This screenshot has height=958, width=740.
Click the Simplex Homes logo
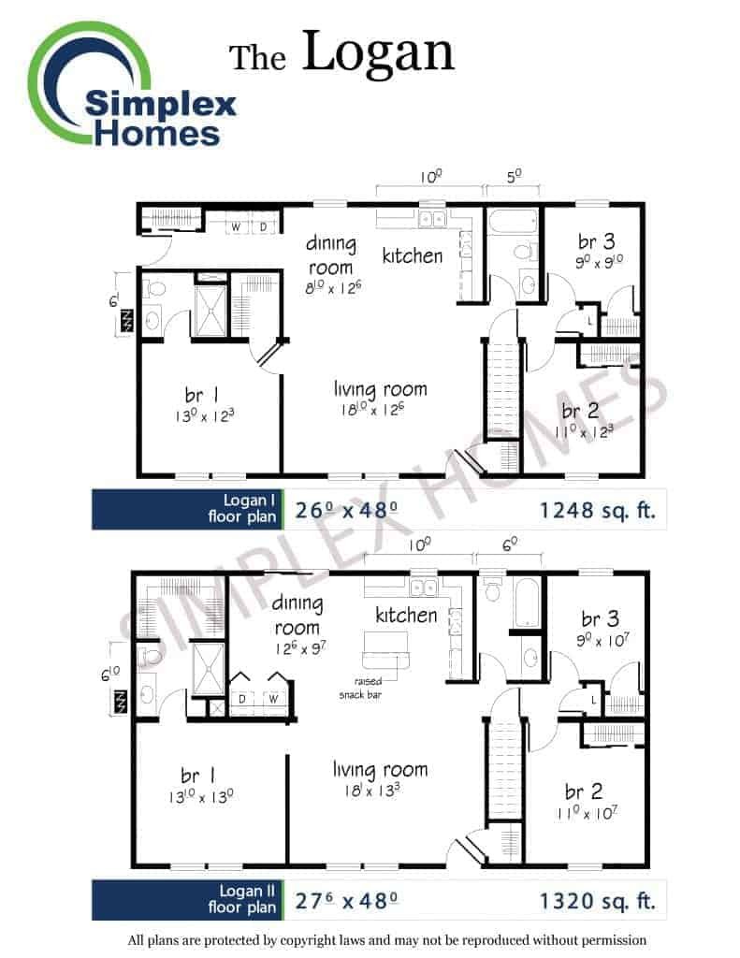click(x=131, y=84)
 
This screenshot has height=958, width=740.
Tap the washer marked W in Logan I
click(x=236, y=226)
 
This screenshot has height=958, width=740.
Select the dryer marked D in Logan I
click(x=264, y=226)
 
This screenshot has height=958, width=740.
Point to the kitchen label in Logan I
click(x=413, y=255)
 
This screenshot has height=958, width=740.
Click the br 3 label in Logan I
click(x=597, y=241)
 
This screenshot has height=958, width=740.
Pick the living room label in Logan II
click(x=380, y=770)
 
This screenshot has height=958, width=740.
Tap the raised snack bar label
click(x=360, y=688)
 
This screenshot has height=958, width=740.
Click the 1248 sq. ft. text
click(x=597, y=510)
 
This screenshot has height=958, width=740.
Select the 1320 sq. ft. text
click(x=597, y=901)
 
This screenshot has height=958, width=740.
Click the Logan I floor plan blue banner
click(x=188, y=509)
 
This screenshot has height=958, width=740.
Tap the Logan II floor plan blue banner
click(x=188, y=900)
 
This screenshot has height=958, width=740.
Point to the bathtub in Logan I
click(x=514, y=222)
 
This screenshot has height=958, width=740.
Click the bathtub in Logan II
click(x=527, y=602)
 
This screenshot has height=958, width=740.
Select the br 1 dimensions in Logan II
click(x=200, y=797)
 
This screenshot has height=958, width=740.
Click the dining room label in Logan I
click(x=330, y=255)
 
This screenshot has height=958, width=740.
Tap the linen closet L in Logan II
click(x=593, y=701)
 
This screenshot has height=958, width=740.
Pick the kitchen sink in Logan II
click(x=423, y=588)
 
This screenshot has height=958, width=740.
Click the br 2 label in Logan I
click(x=580, y=411)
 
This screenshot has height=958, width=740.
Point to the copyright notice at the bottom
click(x=386, y=939)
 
